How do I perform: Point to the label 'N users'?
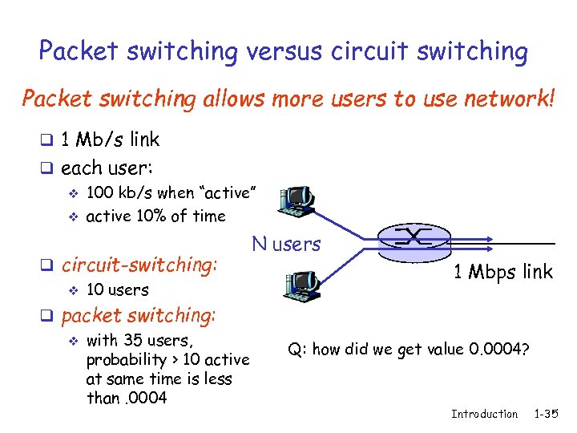(286, 244)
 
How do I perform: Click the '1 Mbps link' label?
(503, 271)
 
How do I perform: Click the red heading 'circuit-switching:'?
(139, 264)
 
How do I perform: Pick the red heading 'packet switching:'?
(138, 315)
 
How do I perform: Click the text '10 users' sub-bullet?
(117, 289)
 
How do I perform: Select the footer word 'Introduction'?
(484, 414)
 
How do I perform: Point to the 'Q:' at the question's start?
(298, 349)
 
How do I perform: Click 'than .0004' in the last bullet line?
(126, 398)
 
